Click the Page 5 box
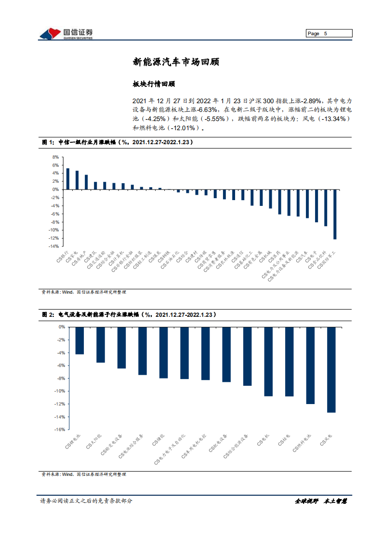(x=329, y=33)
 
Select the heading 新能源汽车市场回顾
(x=177, y=62)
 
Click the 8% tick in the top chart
(x=55, y=157)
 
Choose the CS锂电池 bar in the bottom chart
(x=79, y=340)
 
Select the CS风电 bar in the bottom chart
(x=331, y=369)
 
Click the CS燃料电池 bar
(x=310, y=365)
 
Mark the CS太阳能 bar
(x=101, y=344)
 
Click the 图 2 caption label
(x=48, y=315)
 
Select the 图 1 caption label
(x=48, y=143)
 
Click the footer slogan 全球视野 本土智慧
(x=320, y=501)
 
